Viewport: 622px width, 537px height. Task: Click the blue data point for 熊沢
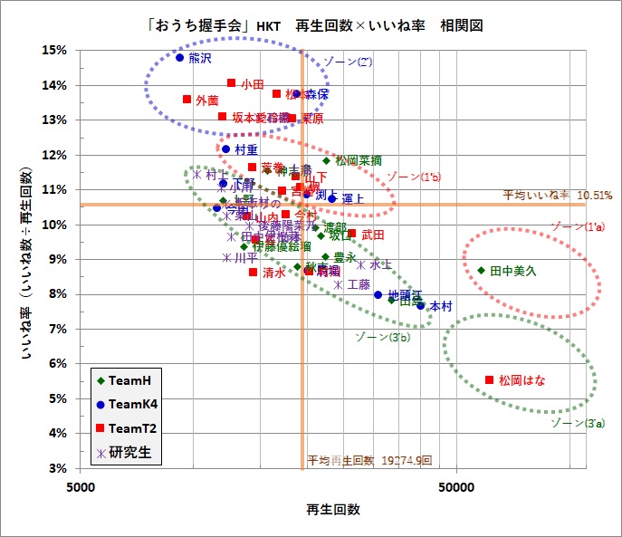tap(179, 57)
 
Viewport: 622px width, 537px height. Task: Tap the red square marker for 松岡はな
tap(490, 380)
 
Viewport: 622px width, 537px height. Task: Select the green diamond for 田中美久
tap(482, 270)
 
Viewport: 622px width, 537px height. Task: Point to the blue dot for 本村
tap(421, 306)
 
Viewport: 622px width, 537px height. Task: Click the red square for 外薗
tap(187, 100)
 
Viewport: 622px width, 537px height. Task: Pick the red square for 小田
tap(232, 83)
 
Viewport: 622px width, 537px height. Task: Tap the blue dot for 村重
tap(226, 149)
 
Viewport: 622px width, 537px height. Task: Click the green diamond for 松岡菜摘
tap(327, 160)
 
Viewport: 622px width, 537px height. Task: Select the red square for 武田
tap(352, 234)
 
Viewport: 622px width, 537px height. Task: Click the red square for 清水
tap(254, 272)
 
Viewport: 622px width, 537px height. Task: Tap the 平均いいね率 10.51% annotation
tap(558, 194)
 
